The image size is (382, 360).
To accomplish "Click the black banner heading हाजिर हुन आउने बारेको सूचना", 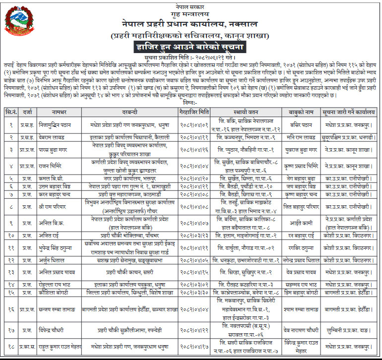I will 191,47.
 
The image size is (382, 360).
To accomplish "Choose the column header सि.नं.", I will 10,112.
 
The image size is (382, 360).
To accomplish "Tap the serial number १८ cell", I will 10,346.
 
